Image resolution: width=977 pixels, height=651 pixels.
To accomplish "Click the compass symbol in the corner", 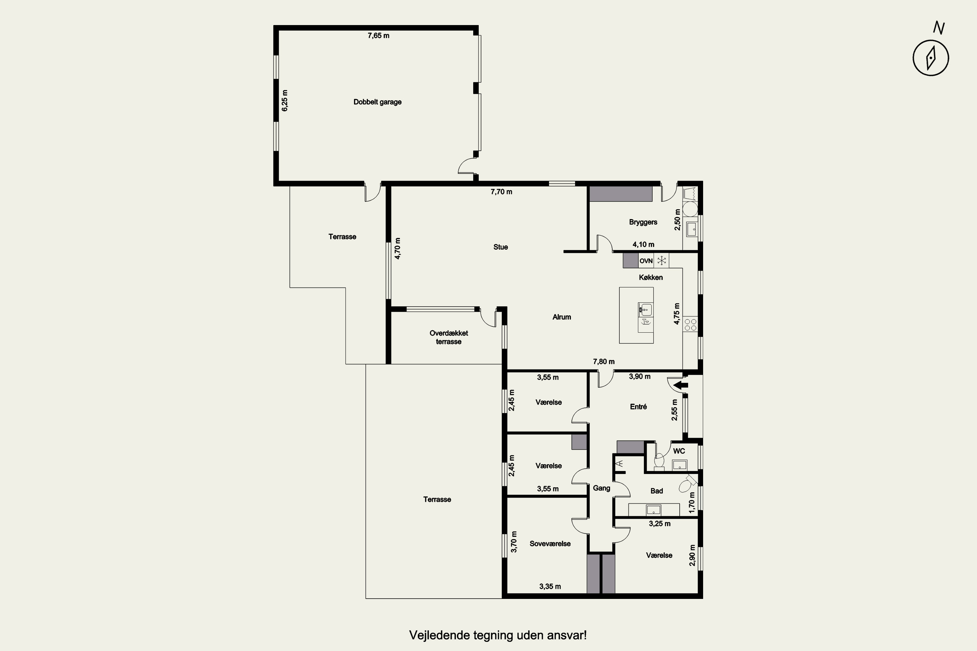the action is pos(931,58).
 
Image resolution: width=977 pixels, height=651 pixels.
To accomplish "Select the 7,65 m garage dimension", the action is pos(378,36).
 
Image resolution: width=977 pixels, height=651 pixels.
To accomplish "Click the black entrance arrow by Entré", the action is pos(680,385).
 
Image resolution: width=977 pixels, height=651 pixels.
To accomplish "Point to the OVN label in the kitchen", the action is pos(646,261).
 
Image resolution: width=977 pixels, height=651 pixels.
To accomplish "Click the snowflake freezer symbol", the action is pos(661,261).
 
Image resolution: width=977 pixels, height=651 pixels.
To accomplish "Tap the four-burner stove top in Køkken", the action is pos(690,325).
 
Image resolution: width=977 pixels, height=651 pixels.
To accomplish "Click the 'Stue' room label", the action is pos(501,247).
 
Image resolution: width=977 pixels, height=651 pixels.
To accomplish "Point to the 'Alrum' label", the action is pos(561,317).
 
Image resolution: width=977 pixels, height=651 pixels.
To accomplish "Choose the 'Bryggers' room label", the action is pos(643,222).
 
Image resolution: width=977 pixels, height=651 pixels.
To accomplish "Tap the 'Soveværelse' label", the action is pos(550,544).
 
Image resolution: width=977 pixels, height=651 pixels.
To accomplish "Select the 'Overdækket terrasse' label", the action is pos(449,338).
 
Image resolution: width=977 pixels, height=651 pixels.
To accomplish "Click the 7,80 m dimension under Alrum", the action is pos(603,362).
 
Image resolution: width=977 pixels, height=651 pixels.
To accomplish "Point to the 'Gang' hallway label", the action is pos(602,488).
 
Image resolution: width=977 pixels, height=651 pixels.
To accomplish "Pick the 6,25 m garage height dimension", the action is pos(285,101).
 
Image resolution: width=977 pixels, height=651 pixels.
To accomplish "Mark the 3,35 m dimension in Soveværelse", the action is pos(550,587).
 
